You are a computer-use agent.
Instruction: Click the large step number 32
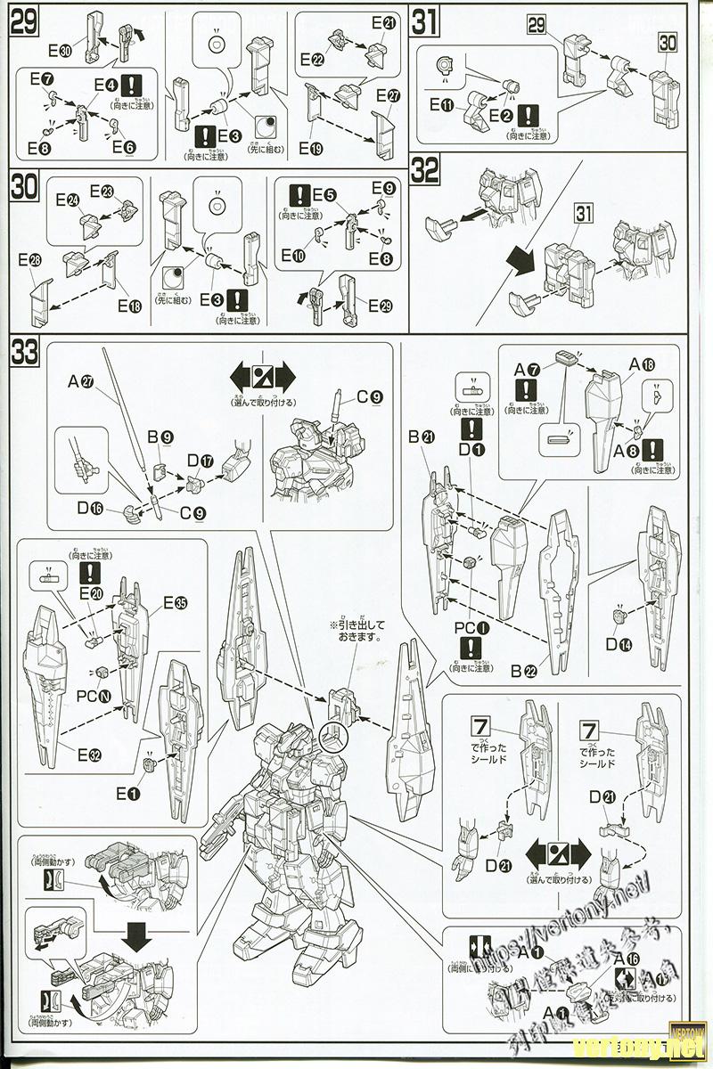tap(425, 170)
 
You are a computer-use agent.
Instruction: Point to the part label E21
tap(383, 24)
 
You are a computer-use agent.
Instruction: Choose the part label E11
tap(442, 105)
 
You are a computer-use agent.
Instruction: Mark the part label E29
tap(380, 305)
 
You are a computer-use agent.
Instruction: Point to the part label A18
tap(643, 363)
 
